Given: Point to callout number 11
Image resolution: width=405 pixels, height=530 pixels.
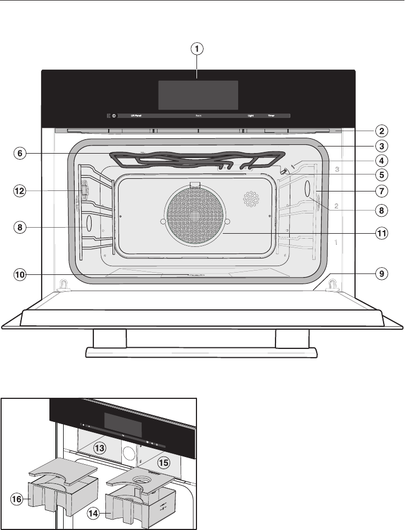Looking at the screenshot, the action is (x=379, y=233).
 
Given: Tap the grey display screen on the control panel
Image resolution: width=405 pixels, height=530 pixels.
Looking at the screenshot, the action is (x=198, y=95).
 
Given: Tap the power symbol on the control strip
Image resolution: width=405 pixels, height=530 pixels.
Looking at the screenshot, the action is (x=114, y=116).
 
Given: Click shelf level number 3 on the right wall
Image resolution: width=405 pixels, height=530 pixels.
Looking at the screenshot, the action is (x=337, y=170).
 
